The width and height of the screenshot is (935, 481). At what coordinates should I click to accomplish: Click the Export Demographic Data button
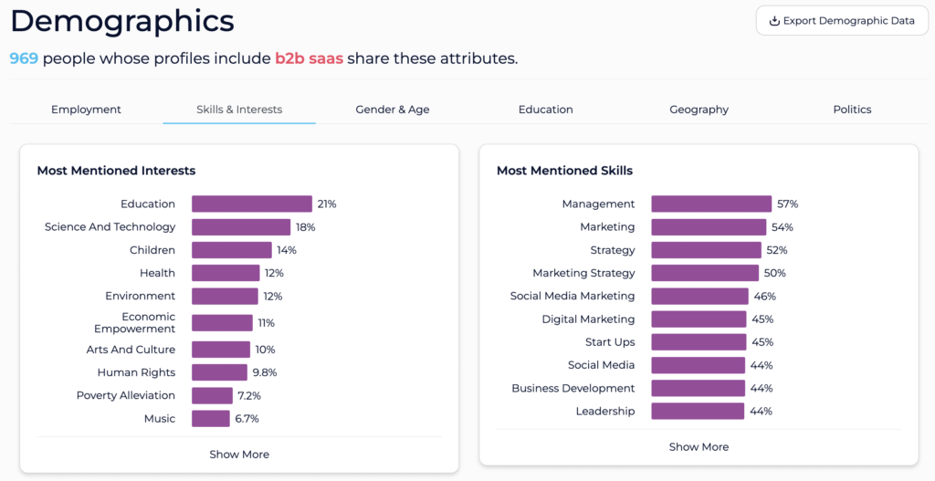coord(842,21)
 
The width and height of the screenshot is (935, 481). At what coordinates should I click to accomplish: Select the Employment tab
coord(86,110)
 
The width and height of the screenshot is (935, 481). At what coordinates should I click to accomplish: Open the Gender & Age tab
coord(393,110)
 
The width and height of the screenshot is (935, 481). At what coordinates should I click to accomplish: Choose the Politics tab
coord(852,110)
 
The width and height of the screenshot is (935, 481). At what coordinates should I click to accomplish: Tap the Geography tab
coord(699,110)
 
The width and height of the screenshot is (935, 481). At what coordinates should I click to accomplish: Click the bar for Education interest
coord(252,204)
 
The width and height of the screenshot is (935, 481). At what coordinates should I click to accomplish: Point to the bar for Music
coord(211,418)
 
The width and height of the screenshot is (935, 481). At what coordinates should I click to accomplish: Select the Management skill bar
coord(711,204)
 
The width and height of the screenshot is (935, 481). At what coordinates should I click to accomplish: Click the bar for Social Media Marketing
coord(699,297)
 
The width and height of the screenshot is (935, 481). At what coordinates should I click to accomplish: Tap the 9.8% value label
coord(265,372)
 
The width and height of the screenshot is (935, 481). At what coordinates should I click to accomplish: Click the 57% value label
coord(787,204)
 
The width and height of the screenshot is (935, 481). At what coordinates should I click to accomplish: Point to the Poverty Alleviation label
coord(126,395)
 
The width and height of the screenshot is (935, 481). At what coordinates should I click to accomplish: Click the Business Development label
coord(573,388)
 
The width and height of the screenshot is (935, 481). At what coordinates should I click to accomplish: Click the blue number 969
coord(24,58)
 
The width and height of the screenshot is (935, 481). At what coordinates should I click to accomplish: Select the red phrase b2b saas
coord(309,58)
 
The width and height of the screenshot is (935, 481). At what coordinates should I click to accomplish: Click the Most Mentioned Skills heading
coord(564,171)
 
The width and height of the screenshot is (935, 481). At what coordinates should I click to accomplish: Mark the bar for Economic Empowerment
coord(222,323)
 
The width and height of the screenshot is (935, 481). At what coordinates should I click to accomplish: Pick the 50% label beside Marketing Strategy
coord(775,273)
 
